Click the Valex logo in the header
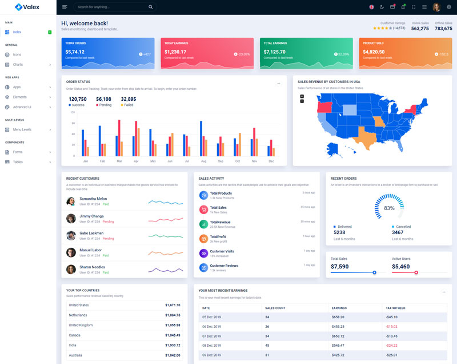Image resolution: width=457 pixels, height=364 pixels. pyautogui.click(x=27, y=7)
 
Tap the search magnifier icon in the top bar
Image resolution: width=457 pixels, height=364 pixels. pyautogui.click(x=150, y=7)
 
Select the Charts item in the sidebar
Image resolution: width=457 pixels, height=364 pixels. pyautogui.click(x=18, y=65)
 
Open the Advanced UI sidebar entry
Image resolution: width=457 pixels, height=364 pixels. pyautogui.click(x=22, y=107)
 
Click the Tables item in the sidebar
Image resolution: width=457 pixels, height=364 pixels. pyautogui.click(x=18, y=162)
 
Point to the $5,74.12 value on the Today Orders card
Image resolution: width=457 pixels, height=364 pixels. pyautogui.click(x=75, y=52)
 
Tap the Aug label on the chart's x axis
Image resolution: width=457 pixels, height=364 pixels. pyautogui.click(x=203, y=161)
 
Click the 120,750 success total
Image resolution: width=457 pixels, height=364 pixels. pyautogui.click(x=77, y=99)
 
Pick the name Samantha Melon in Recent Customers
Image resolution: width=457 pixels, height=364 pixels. pyautogui.click(x=93, y=199)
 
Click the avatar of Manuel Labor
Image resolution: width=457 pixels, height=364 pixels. pyautogui.click(x=71, y=252)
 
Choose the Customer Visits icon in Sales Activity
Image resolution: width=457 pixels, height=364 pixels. pyautogui.click(x=203, y=253)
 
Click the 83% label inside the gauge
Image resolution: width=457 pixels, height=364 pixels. pyautogui.click(x=389, y=208)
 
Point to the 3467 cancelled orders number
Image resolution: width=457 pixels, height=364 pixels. pyautogui.click(x=398, y=232)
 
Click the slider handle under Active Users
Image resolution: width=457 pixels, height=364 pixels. pyautogui.click(x=416, y=272)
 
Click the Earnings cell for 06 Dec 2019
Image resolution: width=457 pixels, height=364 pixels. pyautogui.click(x=338, y=327)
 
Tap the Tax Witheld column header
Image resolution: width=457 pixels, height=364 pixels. pyautogui.click(x=396, y=308)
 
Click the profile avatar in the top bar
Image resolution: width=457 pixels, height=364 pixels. pyautogui.click(x=436, y=7)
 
